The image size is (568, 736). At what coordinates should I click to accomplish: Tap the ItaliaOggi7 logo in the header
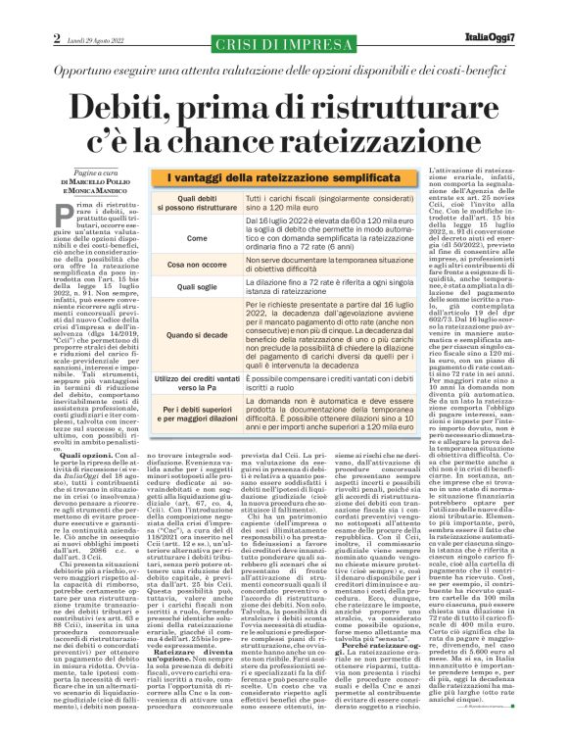(x=525, y=12)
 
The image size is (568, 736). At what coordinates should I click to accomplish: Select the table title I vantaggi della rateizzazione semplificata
(x=275, y=175)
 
